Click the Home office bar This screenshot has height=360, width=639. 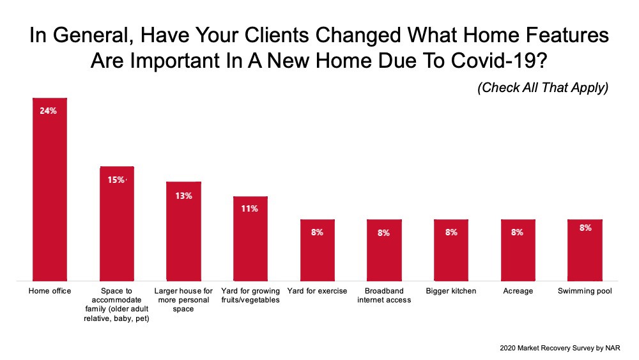(50, 189)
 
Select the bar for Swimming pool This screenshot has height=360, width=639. (585, 250)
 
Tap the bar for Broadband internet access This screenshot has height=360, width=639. (384, 250)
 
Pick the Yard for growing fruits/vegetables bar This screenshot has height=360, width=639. (250, 239)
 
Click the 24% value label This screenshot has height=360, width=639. (48, 111)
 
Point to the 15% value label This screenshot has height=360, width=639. (116, 180)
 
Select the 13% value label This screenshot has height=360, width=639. (184, 196)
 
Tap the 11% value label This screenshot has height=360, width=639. (249, 208)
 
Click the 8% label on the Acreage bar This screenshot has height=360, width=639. (517, 232)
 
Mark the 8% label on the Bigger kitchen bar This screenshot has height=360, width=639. (451, 232)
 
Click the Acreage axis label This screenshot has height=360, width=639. (518, 291)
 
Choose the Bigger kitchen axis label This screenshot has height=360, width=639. (451, 291)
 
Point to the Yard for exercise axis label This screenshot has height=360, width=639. (317, 291)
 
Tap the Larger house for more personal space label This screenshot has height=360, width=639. (183, 300)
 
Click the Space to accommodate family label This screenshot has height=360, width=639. (116, 304)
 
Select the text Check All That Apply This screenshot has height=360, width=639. (543, 88)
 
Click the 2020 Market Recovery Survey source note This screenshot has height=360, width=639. (560, 348)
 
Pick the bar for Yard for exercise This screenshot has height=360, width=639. (318, 250)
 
